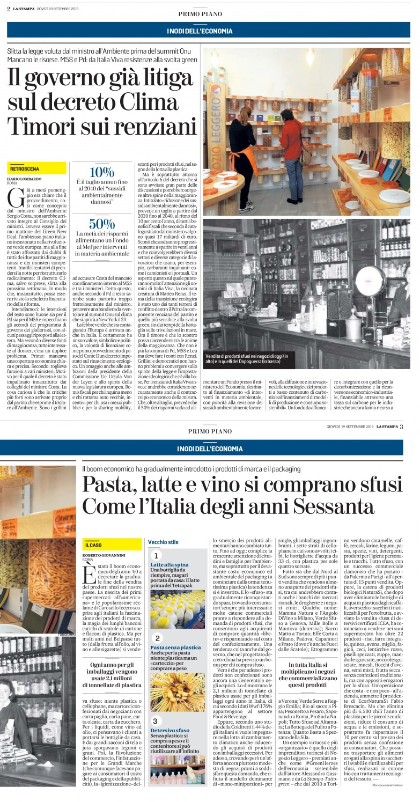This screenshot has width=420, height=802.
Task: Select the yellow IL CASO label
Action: tap(95, 545)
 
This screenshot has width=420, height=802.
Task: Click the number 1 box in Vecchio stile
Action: tap(156, 556)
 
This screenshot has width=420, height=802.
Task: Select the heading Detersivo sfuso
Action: tap(170, 731)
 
